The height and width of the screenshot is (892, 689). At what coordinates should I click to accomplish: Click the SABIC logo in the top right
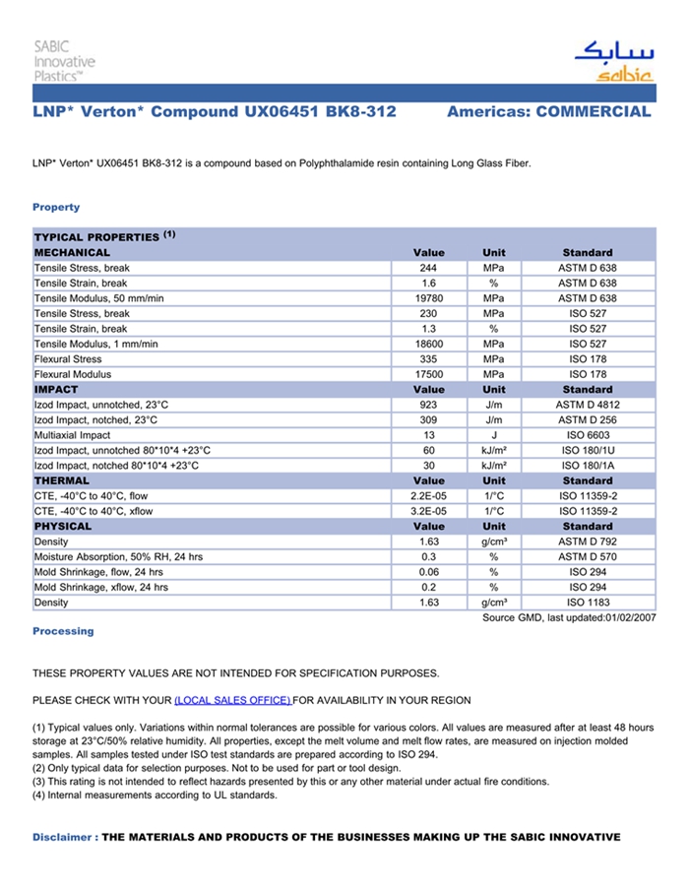[612, 61]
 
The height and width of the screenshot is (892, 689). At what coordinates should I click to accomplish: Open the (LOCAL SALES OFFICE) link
[232, 700]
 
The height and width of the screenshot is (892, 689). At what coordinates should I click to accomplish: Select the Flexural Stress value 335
[428, 359]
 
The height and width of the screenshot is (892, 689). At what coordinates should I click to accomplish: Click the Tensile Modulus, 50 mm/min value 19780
[428, 298]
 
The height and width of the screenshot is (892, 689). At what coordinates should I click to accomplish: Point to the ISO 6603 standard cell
[588, 435]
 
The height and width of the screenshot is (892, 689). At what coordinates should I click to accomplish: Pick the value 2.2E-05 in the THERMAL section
[428, 496]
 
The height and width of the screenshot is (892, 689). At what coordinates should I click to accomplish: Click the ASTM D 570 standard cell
[588, 557]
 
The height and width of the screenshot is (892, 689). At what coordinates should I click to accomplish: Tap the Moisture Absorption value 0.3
[428, 557]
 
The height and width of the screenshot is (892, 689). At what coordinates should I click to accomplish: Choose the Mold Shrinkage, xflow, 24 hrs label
[100, 587]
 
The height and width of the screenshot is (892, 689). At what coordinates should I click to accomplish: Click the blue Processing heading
[63, 631]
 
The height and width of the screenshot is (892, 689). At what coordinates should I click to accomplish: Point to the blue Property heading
[56, 207]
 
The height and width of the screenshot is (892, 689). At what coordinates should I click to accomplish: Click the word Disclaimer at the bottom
[62, 837]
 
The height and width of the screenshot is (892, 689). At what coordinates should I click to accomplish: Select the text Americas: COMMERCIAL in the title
[548, 112]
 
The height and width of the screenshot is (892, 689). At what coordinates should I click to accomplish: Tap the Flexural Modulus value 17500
[428, 374]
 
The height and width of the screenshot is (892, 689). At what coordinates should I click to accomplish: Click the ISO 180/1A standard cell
[588, 466]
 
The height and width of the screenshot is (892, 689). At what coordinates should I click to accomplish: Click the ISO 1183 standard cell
[588, 603]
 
